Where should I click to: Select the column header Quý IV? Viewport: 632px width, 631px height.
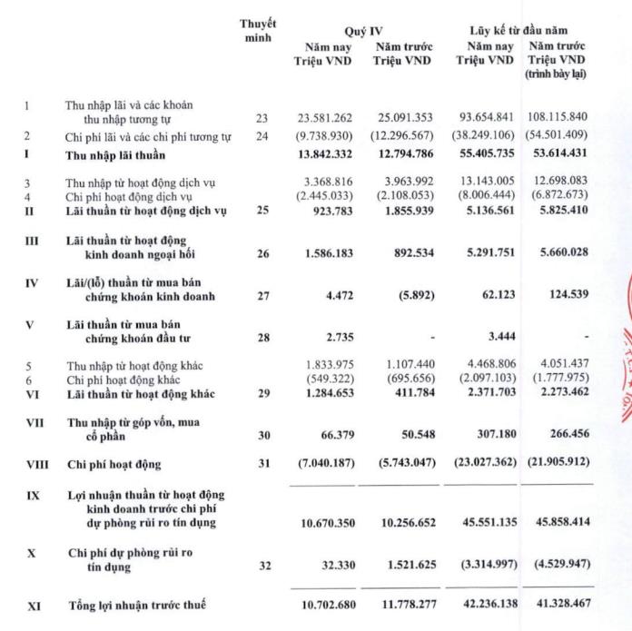click(364, 31)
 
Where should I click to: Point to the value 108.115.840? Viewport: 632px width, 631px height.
click(556, 118)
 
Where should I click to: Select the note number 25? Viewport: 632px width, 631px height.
click(263, 212)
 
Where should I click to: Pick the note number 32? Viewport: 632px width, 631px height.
click(263, 566)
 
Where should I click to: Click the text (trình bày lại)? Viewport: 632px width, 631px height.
click(556, 74)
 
